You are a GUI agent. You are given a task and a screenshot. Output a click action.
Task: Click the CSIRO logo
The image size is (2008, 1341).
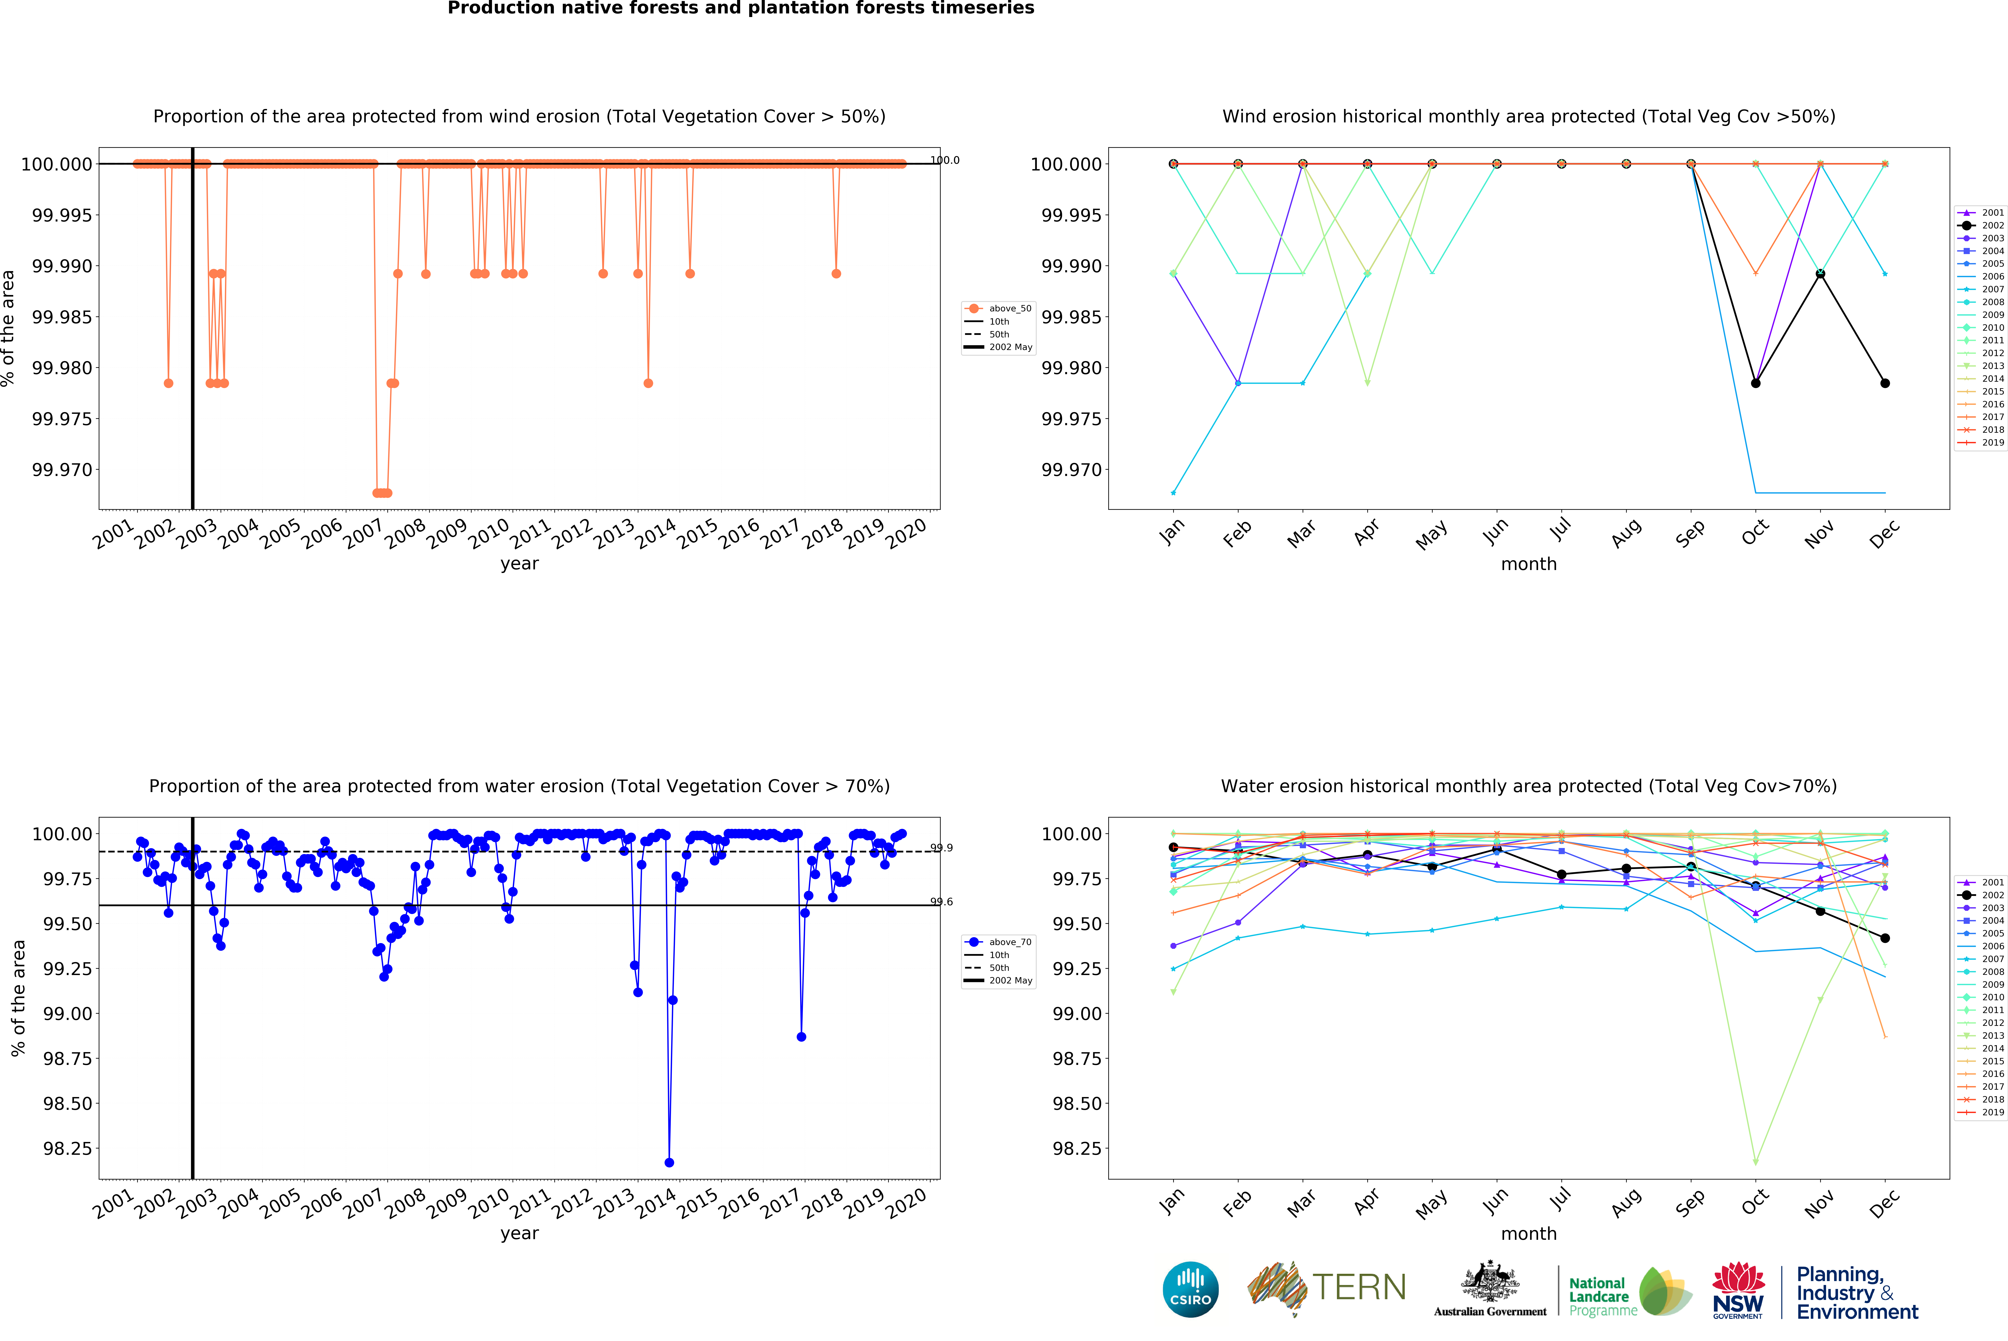pyautogui.click(x=1190, y=1289)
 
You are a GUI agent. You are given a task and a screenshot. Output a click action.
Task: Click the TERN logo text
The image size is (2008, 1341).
pyautogui.click(x=1359, y=1287)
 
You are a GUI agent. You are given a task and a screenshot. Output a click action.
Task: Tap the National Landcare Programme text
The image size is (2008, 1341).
pyautogui.click(x=1602, y=1296)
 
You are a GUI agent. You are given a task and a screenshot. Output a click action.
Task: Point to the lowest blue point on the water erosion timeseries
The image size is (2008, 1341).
pyautogui.click(x=669, y=1162)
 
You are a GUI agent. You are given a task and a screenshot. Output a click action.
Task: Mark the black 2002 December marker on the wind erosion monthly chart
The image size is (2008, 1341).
pyautogui.click(x=1885, y=383)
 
